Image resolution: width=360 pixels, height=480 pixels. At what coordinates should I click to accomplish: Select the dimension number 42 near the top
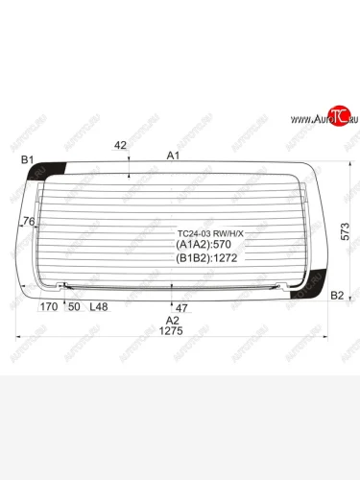[120, 146]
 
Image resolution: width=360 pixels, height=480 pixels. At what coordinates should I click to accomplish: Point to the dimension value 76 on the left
[28, 223]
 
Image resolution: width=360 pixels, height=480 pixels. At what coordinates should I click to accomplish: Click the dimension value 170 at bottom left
[48, 307]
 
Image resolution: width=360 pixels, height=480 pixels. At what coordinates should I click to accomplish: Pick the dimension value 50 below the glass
[73, 307]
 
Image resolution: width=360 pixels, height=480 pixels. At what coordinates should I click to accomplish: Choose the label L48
[98, 307]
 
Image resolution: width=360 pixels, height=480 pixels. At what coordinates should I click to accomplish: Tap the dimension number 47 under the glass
[181, 307]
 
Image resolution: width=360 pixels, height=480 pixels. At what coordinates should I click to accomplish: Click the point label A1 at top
[174, 155]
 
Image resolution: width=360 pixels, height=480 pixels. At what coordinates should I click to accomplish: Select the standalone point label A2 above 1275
[172, 320]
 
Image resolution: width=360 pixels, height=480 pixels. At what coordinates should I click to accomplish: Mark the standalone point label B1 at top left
[27, 159]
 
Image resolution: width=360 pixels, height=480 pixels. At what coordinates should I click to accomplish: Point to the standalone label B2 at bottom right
[337, 295]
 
